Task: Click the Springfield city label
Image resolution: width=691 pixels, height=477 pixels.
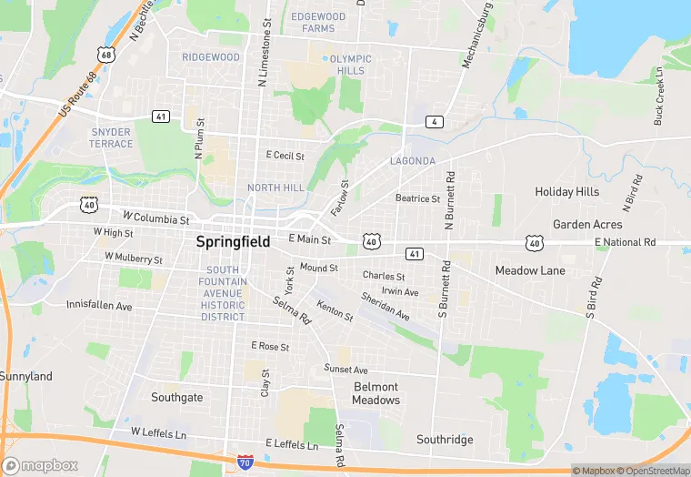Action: (233, 242)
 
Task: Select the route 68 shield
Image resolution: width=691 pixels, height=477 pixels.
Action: (107, 55)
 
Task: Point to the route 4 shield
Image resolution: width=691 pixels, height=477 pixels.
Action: (436, 122)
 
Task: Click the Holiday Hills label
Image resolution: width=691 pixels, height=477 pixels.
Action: (567, 192)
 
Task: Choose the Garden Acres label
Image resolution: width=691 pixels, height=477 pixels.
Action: (587, 224)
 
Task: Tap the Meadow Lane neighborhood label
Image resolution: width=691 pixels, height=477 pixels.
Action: (530, 270)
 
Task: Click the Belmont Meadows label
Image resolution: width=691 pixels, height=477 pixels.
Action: (376, 393)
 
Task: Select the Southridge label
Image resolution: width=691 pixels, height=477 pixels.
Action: (445, 440)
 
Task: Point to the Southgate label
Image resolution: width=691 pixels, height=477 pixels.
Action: (177, 397)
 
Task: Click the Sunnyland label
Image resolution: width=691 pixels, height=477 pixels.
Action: (25, 376)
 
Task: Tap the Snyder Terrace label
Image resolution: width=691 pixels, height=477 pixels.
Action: (111, 137)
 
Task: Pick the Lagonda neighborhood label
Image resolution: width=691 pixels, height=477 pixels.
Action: (414, 161)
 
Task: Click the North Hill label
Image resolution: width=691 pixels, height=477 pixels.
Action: (276, 188)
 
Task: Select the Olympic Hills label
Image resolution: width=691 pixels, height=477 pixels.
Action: (350, 65)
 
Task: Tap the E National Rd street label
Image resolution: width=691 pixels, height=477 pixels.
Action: (625, 242)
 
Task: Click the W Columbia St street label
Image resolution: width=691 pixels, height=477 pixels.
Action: (155, 219)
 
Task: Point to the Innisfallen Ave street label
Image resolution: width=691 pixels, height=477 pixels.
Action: (99, 307)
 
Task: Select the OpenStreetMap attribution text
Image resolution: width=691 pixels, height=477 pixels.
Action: (654, 471)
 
